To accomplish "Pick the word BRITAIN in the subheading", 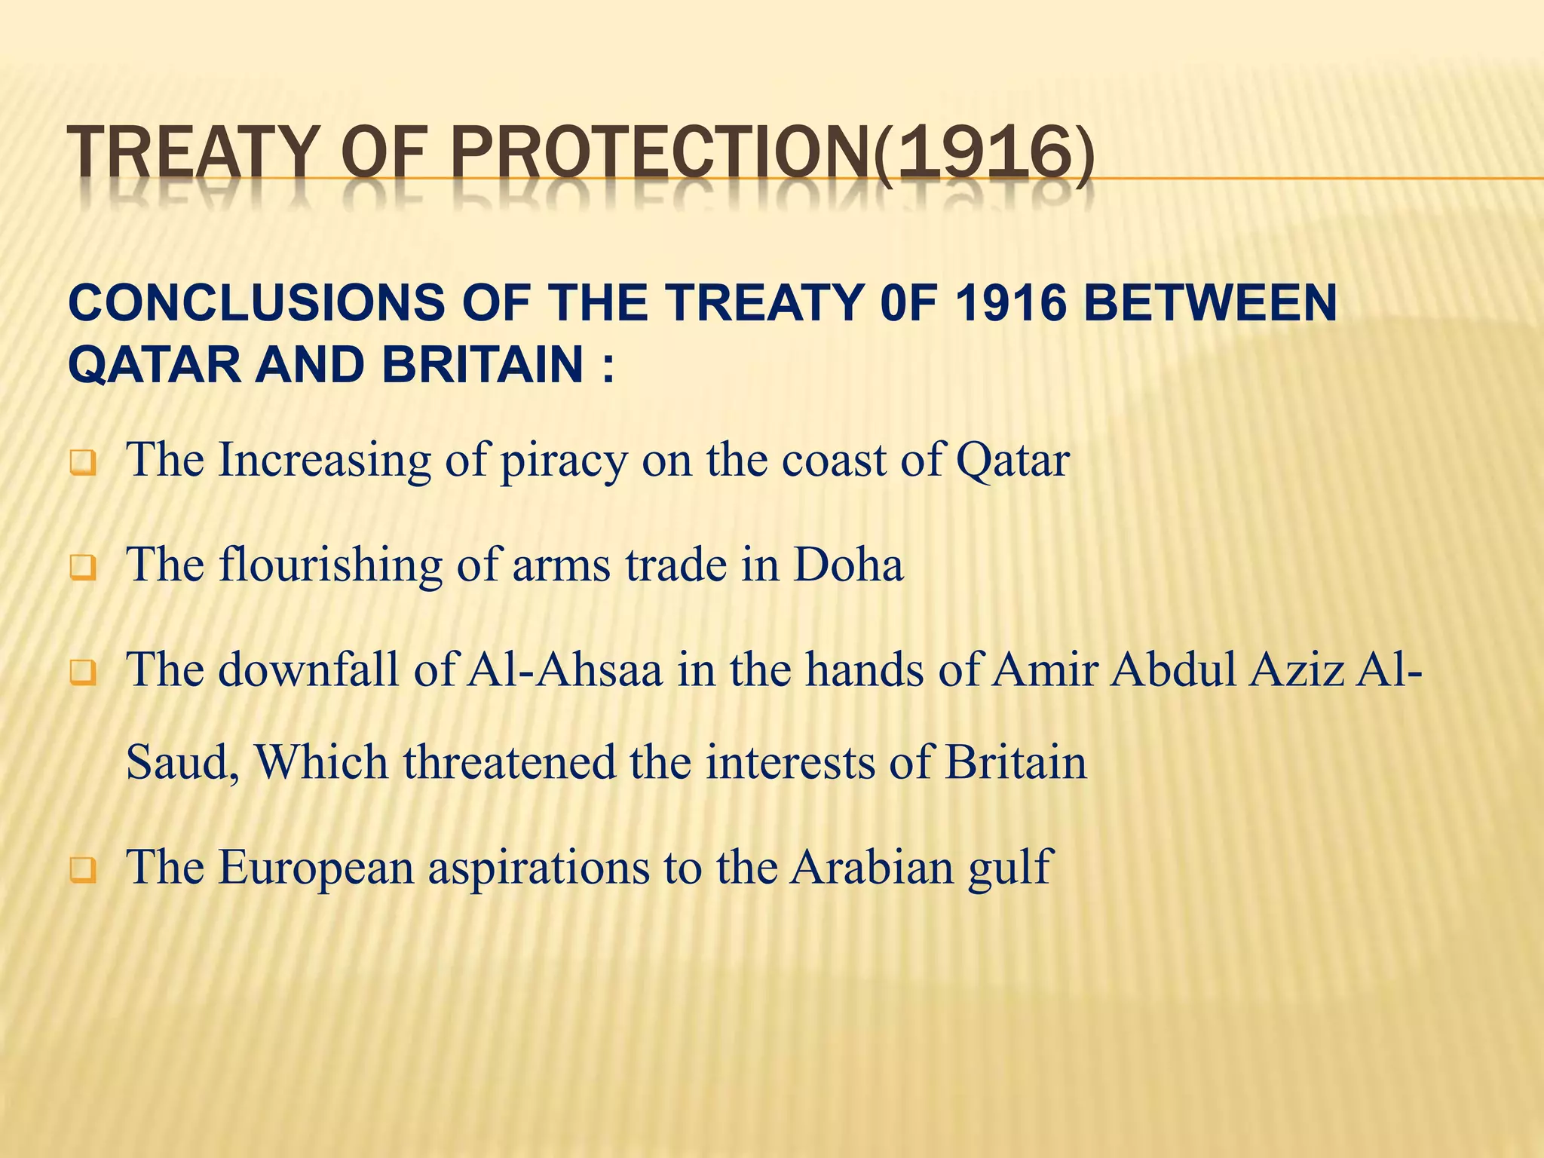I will [x=482, y=364].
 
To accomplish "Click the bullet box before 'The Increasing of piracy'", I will [x=83, y=462].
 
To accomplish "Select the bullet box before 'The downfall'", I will [x=83, y=672].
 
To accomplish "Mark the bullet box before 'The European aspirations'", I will [x=83, y=870].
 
